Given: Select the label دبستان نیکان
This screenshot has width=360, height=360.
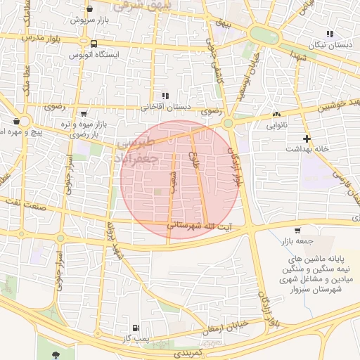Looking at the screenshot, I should coord(330,44).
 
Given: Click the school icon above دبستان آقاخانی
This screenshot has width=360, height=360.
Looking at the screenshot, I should coord(165,96).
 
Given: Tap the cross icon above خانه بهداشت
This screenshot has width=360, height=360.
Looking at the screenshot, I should coord(307,139).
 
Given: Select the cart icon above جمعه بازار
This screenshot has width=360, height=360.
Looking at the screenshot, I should coord(298,231).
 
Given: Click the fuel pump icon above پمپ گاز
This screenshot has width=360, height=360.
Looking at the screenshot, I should coord(135,328).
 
